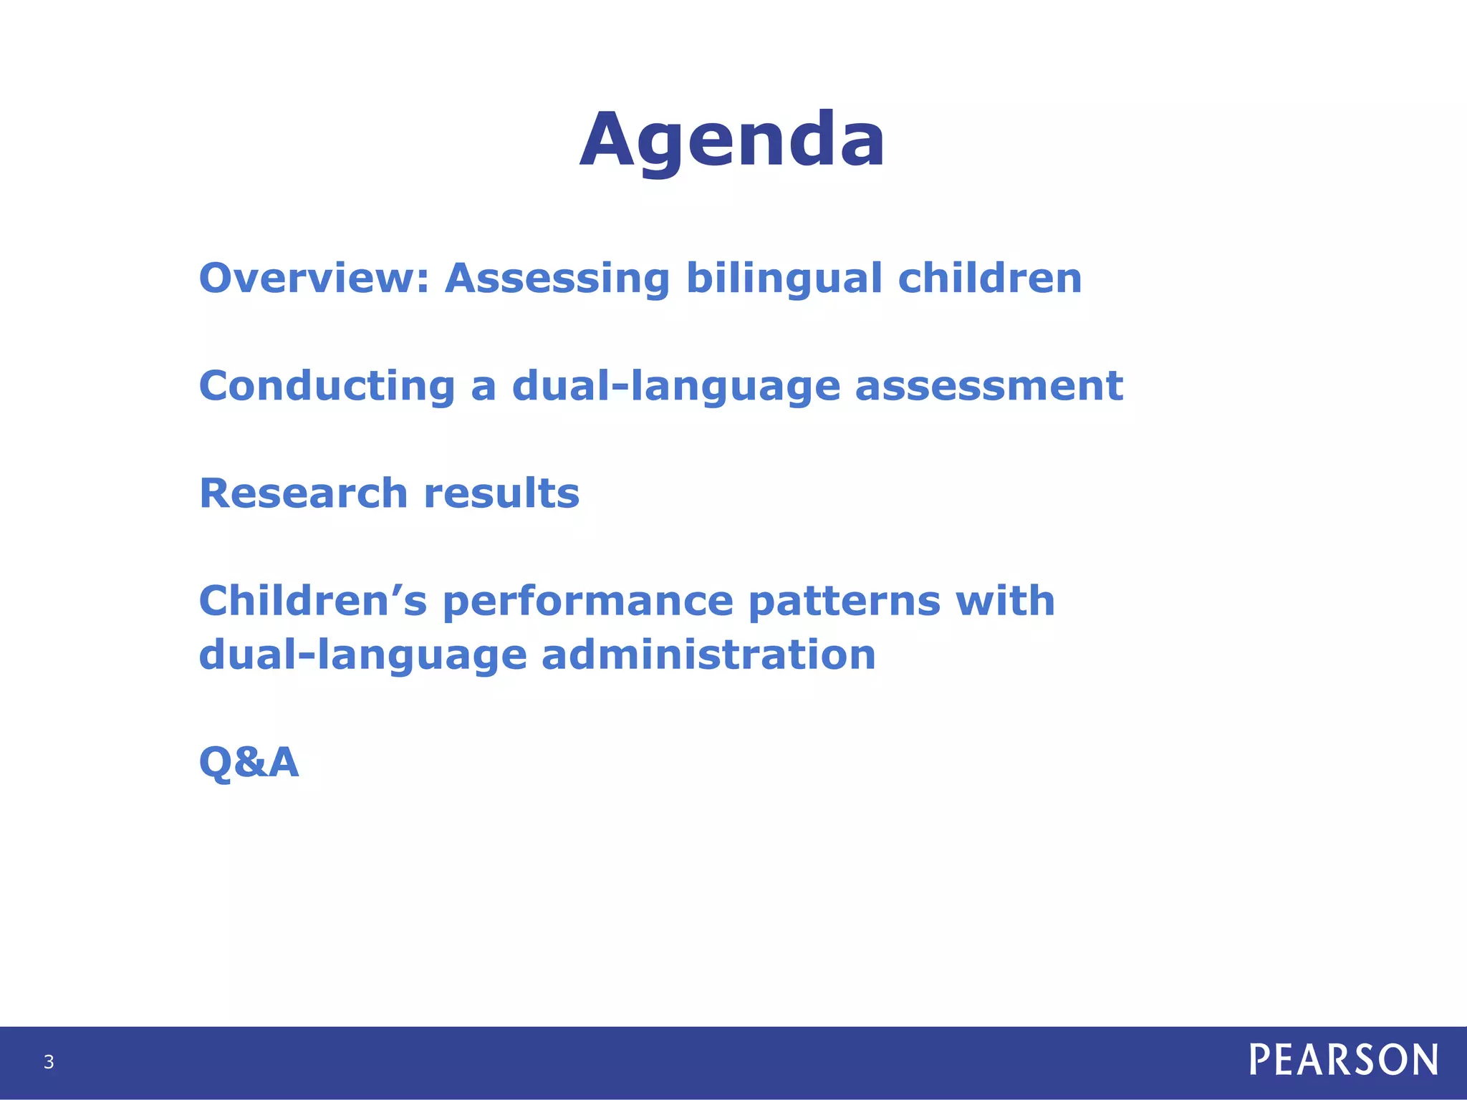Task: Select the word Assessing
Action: pos(557,278)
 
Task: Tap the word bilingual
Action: pos(784,278)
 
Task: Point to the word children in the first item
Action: pos(989,278)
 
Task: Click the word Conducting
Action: pos(327,386)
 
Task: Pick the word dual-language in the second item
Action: pos(675,387)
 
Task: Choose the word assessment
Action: pos(989,386)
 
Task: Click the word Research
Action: pos(304,493)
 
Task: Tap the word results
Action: pos(501,493)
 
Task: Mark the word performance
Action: pos(588,602)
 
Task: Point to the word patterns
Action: pos(844,602)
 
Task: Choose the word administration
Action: pos(708,655)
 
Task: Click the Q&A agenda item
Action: pos(249,762)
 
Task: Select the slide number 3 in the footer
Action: pos(49,1062)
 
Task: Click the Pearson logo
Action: pos(1343,1060)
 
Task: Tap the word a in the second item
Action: pos(484,387)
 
